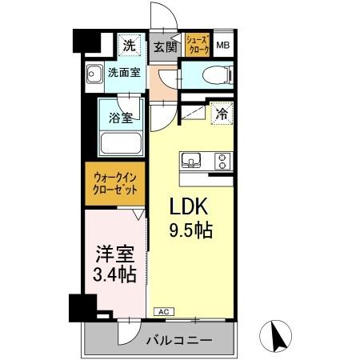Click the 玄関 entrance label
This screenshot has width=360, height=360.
165,46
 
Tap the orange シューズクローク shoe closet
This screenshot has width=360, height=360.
198,45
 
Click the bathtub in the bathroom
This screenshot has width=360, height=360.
120,144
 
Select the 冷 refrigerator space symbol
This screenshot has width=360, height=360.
222,114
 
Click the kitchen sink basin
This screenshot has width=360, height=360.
190,160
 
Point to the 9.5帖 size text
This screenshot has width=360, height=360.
190,231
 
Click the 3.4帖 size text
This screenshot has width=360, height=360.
115,276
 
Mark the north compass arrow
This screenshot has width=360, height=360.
281,334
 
